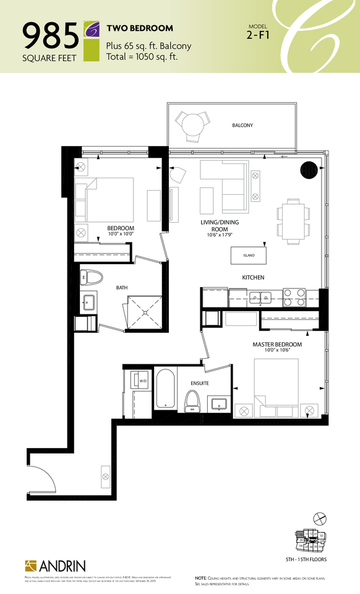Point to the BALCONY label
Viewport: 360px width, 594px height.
(x=242, y=126)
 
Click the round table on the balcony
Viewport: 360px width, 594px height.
(x=192, y=124)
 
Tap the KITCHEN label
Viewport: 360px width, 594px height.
(x=253, y=277)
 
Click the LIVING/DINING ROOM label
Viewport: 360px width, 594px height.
(x=220, y=226)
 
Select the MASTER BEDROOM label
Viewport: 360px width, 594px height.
(x=276, y=344)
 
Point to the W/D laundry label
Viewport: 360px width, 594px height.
(x=142, y=381)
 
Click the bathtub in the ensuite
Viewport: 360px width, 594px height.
(x=165, y=389)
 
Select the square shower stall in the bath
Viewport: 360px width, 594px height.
(x=143, y=313)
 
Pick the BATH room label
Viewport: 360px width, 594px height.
(x=121, y=288)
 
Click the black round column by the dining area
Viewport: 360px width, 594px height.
(x=309, y=170)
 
